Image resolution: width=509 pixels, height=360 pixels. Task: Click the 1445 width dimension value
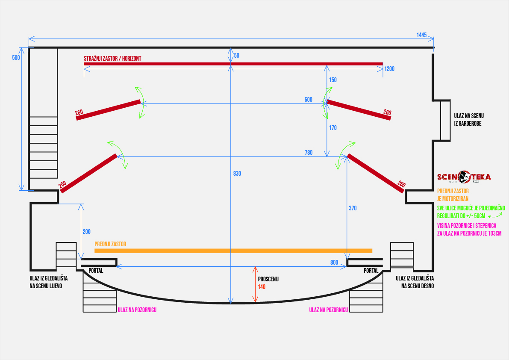421,35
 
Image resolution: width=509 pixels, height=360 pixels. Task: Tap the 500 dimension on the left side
16,58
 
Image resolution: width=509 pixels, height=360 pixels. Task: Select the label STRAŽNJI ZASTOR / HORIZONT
112,58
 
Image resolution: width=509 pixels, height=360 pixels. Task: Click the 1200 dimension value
389,68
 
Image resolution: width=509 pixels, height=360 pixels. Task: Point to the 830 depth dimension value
237,174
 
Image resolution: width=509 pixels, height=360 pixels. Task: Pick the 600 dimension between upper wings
308,100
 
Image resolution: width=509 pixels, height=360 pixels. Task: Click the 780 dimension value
308,153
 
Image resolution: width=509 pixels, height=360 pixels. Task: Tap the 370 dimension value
353,208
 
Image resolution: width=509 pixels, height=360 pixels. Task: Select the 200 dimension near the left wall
86,232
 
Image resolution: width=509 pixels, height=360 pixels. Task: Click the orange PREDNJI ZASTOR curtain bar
233,250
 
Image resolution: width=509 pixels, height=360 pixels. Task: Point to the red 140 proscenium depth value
262,287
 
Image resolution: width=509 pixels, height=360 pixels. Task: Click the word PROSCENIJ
268,279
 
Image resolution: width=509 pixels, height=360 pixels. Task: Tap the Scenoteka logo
464,177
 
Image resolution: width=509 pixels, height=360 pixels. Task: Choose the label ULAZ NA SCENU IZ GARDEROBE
469,119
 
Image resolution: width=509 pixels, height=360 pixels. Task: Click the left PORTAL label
96,271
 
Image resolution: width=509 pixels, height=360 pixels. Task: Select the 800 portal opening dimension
334,262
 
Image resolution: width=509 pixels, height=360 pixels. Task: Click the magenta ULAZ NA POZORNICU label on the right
329,310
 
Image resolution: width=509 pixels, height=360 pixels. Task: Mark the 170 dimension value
333,127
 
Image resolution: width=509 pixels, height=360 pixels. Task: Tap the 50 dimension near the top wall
237,56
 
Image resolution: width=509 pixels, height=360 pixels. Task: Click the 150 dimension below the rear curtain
333,80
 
